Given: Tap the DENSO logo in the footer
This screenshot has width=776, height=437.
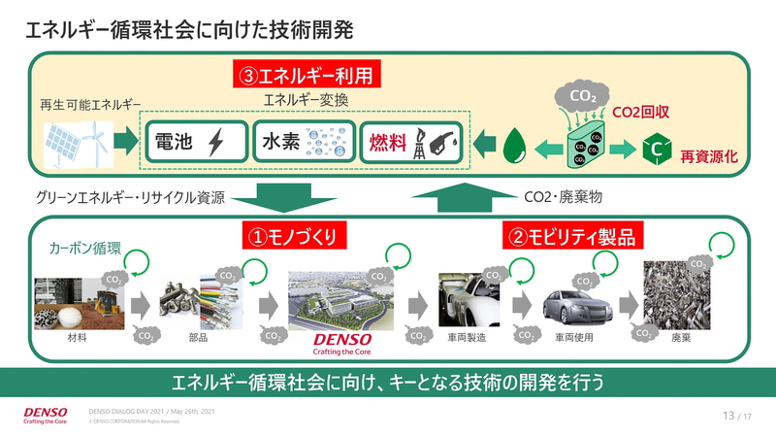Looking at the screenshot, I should [45, 416].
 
